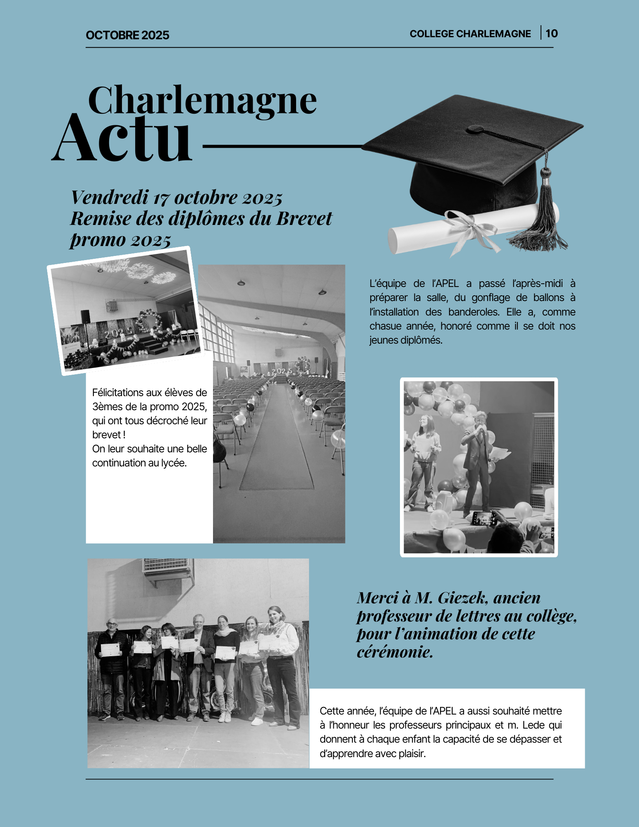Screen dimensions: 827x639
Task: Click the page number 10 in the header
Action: (551, 33)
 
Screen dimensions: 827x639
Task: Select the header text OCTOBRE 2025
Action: (127, 35)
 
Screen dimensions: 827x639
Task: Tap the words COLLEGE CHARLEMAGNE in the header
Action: (470, 34)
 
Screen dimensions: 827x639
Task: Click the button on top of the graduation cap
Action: (476, 129)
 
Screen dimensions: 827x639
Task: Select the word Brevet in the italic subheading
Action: (304, 218)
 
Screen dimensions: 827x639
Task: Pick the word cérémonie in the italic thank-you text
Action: (395, 652)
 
